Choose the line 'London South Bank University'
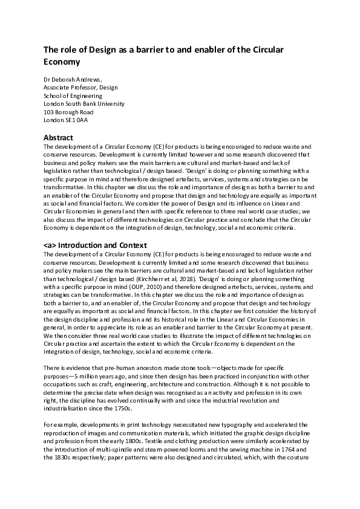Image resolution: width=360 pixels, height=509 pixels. pyautogui.click(x=84, y=103)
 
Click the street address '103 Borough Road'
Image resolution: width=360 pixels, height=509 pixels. pyautogui.click(x=69, y=112)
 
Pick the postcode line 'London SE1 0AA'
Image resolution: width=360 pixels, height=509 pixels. pyautogui.click(x=66, y=120)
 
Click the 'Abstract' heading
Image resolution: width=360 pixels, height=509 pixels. pyautogui.click(x=59, y=138)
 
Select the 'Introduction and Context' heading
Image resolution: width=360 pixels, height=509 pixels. pyautogui.click(x=102, y=245)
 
